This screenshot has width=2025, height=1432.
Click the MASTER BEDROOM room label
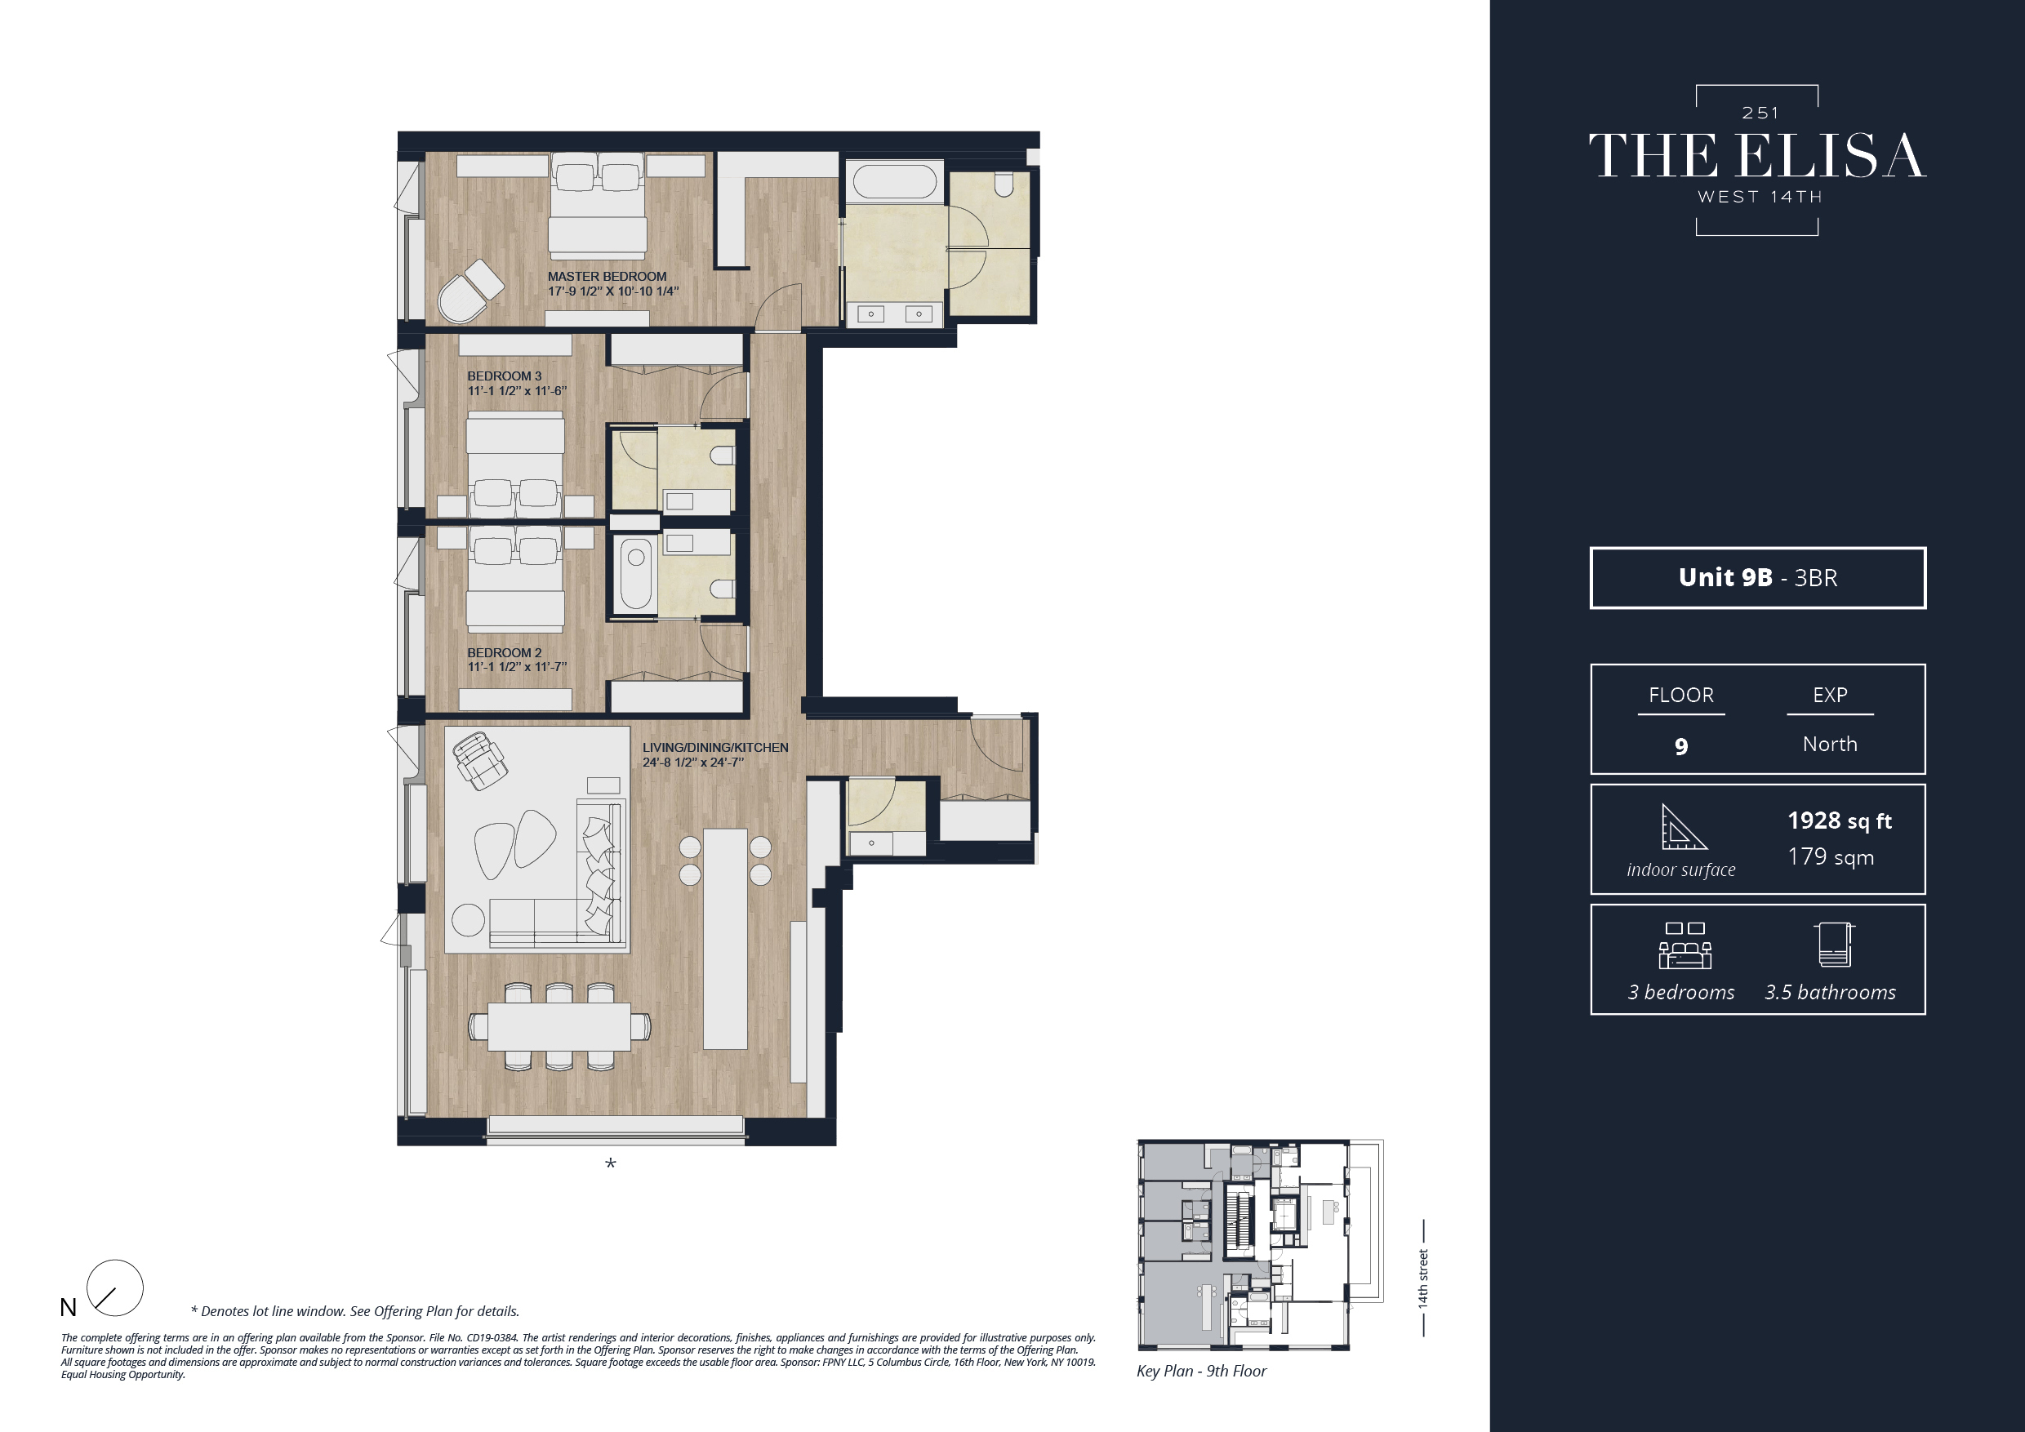point(607,277)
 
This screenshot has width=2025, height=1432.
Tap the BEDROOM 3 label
point(505,376)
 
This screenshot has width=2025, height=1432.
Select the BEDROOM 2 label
point(505,652)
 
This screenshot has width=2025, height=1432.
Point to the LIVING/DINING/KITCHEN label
point(714,748)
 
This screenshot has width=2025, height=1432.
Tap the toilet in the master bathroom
point(1004,184)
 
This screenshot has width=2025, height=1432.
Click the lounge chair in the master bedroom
point(470,291)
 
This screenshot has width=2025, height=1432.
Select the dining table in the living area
point(559,1026)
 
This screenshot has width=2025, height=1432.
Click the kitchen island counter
point(725,938)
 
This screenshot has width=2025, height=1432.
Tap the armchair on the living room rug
point(479,760)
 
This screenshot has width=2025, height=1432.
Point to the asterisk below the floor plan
point(610,1165)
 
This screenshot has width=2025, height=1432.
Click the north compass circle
point(115,1287)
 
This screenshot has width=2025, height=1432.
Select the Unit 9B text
point(1725,577)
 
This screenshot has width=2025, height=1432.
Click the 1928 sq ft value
point(1839,821)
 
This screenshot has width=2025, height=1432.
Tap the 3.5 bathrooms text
point(1830,992)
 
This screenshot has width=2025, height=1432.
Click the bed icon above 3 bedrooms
point(1685,947)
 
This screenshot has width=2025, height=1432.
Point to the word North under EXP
point(1830,745)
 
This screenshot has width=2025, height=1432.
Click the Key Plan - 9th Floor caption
point(1201,1370)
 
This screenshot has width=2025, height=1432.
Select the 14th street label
point(1422,1278)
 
